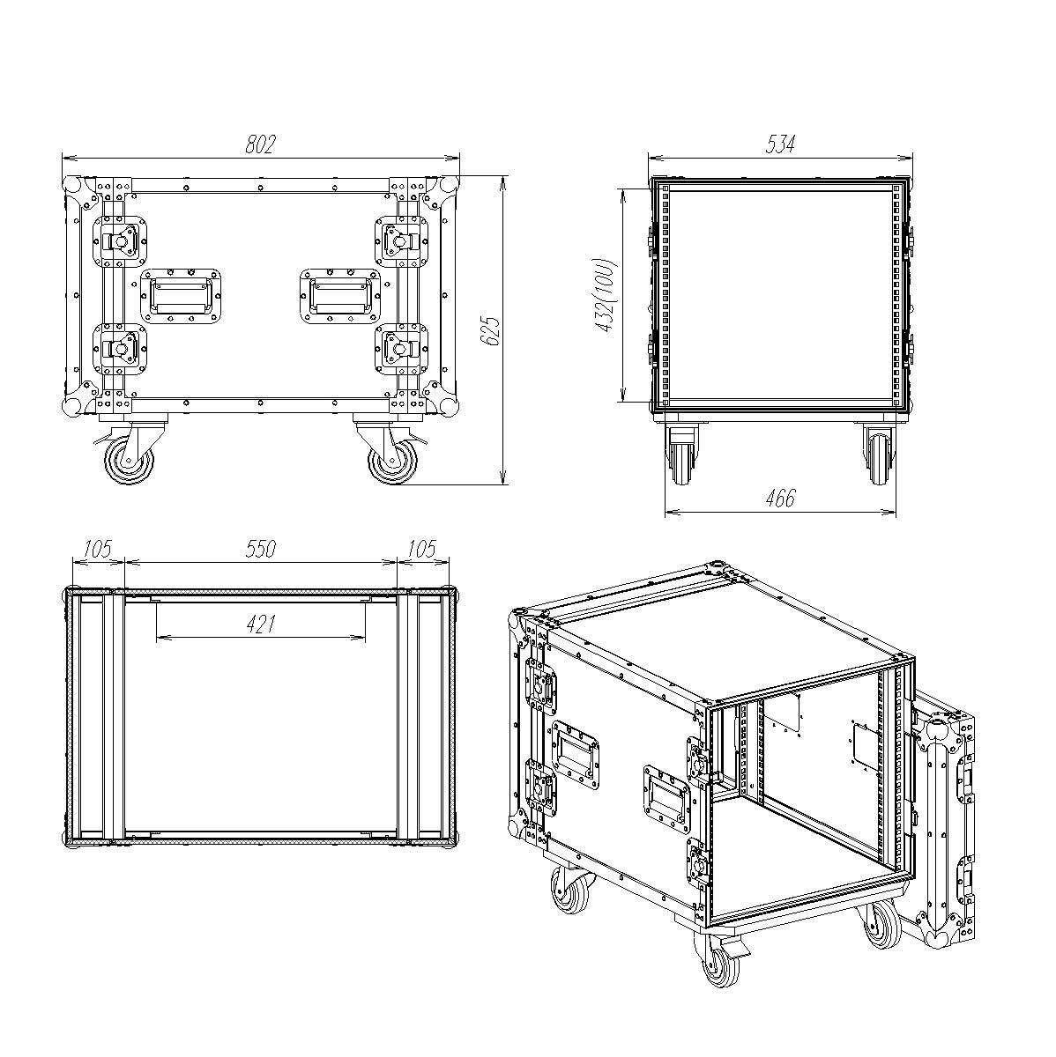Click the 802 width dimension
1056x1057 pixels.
[x=260, y=144]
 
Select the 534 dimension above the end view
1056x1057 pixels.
[x=780, y=144]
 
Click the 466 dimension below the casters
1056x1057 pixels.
[x=780, y=498]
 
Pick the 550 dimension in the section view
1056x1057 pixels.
[x=260, y=549]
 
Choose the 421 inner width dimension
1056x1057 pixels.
[x=260, y=625]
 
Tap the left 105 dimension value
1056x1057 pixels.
[x=98, y=549]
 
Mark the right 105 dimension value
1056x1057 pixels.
[x=422, y=549]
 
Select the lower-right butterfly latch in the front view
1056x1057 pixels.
[x=401, y=349]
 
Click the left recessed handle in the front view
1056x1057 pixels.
[x=182, y=296]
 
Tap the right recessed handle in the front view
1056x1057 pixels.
[x=340, y=296]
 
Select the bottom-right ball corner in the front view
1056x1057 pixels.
[x=448, y=407]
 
